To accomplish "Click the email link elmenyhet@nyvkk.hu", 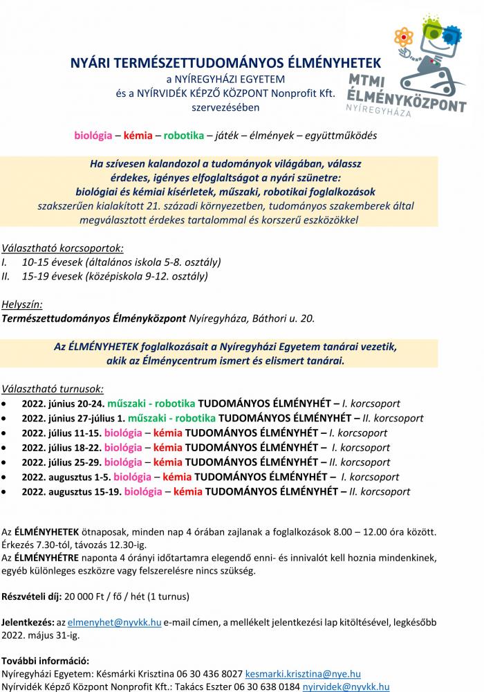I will click(x=114, y=622).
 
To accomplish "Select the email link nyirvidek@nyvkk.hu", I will click(x=346, y=687).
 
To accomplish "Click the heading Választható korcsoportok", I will click(x=63, y=248).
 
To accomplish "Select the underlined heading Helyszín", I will click(x=23, y=304).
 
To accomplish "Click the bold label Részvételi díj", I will click(x=32, y=596).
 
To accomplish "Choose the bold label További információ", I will click(x=46, y=660).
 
